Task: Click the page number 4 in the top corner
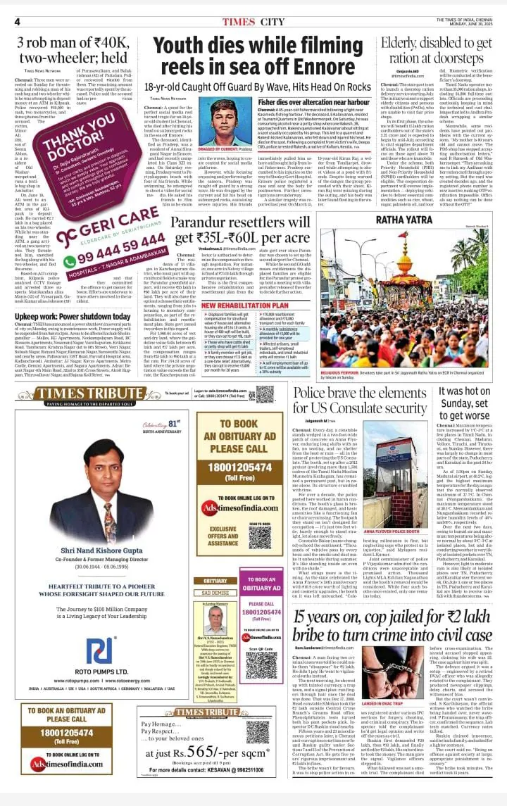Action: (16, 21)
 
